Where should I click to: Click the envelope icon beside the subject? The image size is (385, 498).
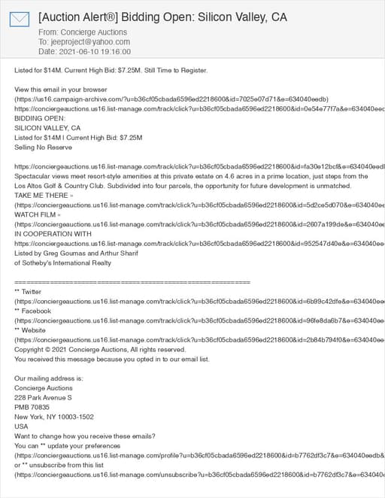click(20, 20)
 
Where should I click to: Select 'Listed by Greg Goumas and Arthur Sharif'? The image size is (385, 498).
click(77, 254)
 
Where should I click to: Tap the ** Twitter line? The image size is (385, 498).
click(28, 291)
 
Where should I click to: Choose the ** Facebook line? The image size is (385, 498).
click(32, 311)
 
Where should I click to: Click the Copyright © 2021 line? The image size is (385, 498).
click(99, 350)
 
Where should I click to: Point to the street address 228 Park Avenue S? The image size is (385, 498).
click(44, 397)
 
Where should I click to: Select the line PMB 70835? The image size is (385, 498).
click(32, 407)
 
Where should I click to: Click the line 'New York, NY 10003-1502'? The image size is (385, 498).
click(54, 417)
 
